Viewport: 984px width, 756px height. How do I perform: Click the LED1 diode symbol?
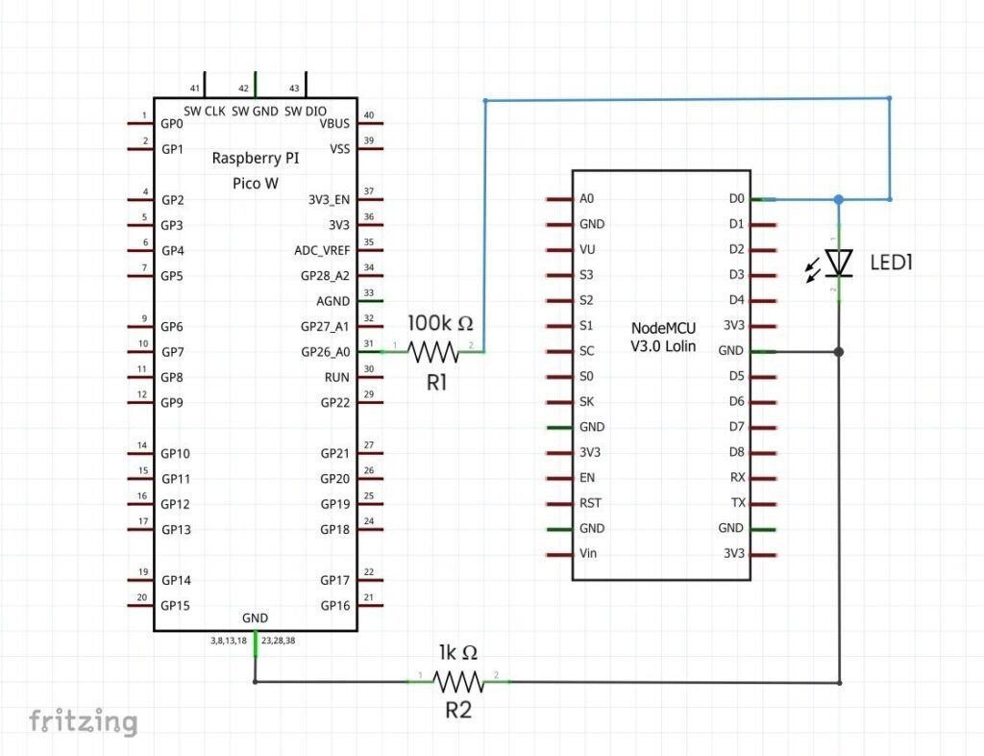[840, 262]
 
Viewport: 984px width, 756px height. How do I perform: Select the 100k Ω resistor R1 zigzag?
[433, 352]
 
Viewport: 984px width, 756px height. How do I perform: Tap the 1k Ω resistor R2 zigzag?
[458, 682]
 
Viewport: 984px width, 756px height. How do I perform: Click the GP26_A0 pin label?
[326, 352]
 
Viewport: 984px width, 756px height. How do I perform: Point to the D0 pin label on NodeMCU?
[737, 199]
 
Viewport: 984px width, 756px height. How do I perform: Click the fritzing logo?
[83, 721]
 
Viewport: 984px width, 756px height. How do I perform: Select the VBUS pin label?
[334, 124]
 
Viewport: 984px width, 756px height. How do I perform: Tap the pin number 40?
[369, 116]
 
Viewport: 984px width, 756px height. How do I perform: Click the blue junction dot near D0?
[839, 199]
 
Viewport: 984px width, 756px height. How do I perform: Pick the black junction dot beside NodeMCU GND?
[839, 352]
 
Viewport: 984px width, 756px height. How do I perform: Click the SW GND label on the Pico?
[255, 111]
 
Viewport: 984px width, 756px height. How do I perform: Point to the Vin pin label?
[589, 554]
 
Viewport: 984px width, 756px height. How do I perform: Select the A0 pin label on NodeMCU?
[587, 199]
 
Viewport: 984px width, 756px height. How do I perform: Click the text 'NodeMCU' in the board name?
[663, 328]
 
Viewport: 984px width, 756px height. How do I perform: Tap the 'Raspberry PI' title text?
[255, 158]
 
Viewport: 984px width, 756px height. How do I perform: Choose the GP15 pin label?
[176, 605]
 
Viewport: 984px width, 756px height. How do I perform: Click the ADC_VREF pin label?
[322, 250]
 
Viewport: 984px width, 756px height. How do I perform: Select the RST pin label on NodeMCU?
[591, 503]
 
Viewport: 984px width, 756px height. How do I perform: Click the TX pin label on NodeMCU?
[738, 503]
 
